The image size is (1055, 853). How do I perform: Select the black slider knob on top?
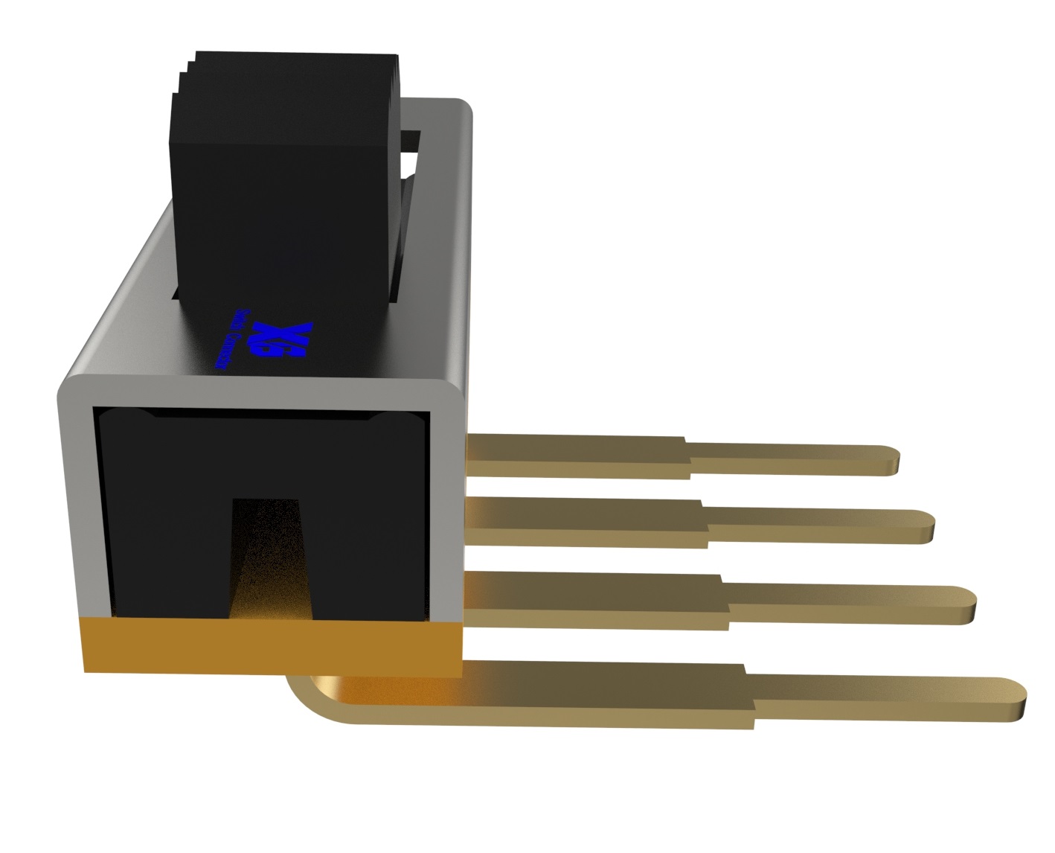[283, 186]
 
